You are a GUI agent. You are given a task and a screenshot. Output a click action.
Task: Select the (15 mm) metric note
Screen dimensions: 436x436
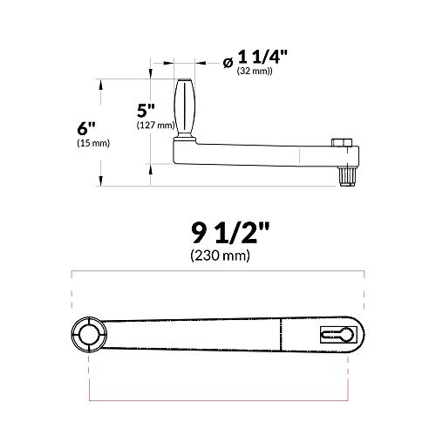point(88,143)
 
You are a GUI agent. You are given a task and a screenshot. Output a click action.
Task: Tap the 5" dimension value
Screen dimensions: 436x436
point(146,111)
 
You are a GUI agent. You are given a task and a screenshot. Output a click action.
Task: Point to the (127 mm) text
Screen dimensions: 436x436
point(153,126)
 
